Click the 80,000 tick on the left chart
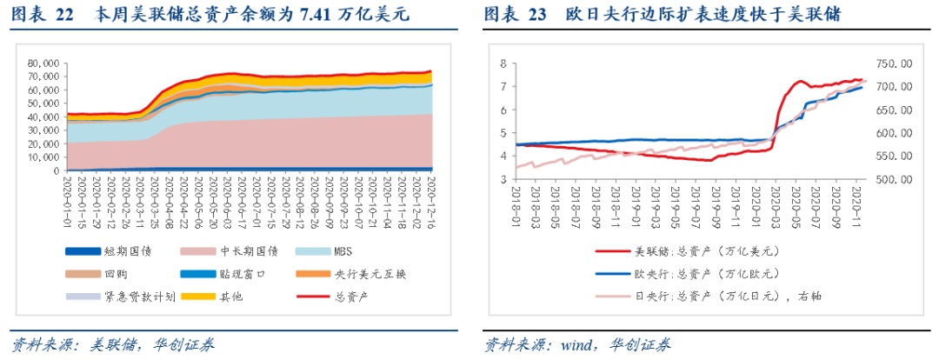point(43,63)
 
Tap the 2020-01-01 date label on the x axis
point(68,198)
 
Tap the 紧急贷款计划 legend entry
point(139,297)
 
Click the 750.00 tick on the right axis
point(893,63)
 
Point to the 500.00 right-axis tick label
point(893,179)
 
